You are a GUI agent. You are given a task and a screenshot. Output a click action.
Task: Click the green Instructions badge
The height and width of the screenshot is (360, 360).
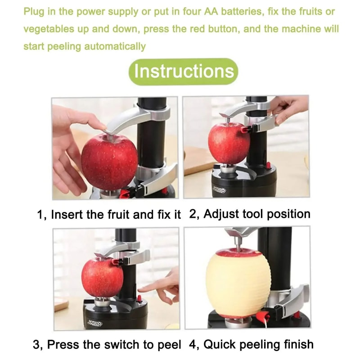tap(184, 72)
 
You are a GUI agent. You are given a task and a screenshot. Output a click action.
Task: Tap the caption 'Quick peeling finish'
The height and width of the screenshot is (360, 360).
tap(258, 345)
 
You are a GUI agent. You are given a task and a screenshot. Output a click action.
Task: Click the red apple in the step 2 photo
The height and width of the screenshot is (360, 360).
tap(228, 143)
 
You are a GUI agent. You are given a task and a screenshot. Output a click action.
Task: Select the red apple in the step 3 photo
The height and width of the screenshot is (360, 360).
tap(102, 277)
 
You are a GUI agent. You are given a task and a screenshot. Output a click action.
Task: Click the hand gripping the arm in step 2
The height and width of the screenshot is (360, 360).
tap(288, 108)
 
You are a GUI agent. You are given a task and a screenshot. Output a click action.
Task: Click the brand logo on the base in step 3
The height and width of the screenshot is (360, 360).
tap(95, 323)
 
